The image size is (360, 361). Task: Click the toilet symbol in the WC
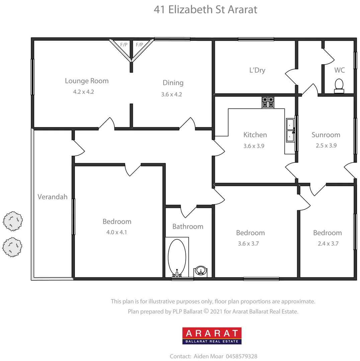339,86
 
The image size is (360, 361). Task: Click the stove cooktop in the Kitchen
268,102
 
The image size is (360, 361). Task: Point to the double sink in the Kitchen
290,130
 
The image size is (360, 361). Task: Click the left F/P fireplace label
124,44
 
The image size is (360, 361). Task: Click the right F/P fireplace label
139,44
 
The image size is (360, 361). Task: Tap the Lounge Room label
87,81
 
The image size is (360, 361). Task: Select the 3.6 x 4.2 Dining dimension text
171,94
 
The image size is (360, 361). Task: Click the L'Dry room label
257,70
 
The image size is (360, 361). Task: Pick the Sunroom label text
326,135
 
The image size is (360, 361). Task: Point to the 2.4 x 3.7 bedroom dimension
328,244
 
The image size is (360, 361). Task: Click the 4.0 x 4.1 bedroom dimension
117,232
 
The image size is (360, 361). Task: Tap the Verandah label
53,197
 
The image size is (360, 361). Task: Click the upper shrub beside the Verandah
13,221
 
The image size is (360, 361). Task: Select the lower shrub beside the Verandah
12,247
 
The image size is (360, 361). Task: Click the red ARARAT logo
212,336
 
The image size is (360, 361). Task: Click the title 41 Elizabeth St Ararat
205,9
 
